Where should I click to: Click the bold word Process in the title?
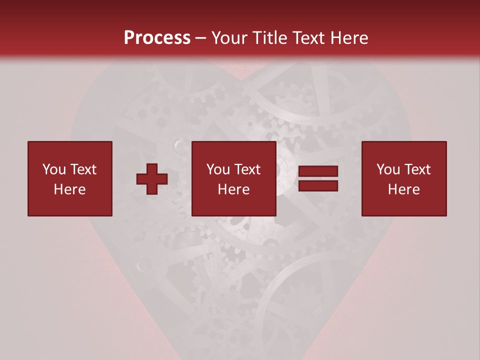pos(157,37)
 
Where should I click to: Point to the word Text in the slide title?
pos(308,37)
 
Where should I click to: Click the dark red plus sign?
pos(152,179)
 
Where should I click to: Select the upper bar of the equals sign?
pos(318,171)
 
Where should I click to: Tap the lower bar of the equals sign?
pos(318,186)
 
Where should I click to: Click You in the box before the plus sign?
pos(54,169)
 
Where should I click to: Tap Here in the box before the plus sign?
pos(70,189)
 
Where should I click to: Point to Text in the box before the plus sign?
pos(83,169)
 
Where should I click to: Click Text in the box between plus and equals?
pos(247,169)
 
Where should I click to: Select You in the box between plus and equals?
pos(218,169)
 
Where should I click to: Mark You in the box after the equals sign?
pos(388,169)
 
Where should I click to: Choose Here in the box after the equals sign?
pos(404,189)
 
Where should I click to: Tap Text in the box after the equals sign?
pos(417,169)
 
